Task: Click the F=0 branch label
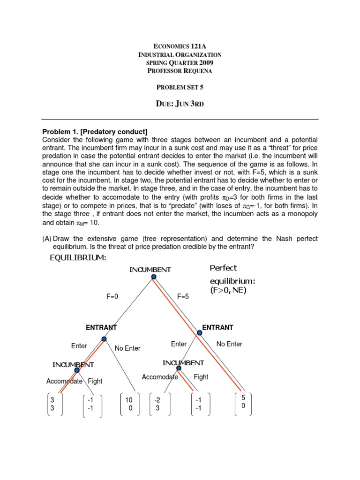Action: [x=113, y=296]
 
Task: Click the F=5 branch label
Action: [x=183, y=296]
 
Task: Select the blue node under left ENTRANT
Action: [x=104, y=339]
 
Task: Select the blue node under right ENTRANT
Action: [x=199, y=333]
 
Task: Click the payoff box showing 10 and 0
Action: [x=130, y=404]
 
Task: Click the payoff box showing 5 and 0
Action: [x=243, y=402]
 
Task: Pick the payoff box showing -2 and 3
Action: [x=157, y=404]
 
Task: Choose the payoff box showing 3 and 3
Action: [x=52, y=404]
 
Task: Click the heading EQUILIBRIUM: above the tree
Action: [x=78, y=258]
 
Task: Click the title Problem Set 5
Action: [x=180, y=87]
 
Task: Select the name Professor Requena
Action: [x=180, y=71]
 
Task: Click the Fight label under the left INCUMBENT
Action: [x=95, y=381]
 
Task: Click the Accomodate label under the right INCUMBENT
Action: [x=159, y=377]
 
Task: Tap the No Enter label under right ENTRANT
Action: [x=229, y=344]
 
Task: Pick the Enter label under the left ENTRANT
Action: [x=79, y=346]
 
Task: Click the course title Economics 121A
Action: [x=180, y=46]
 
